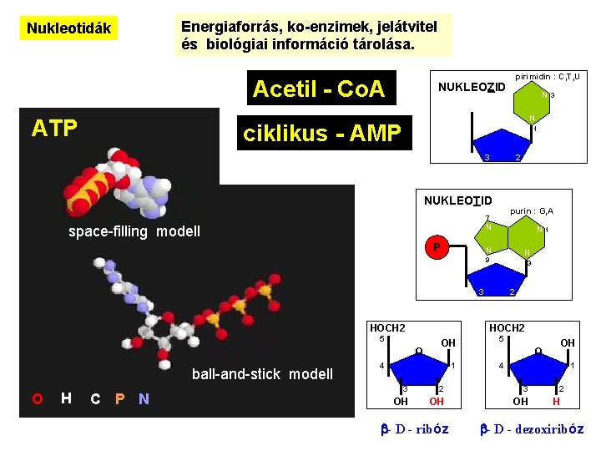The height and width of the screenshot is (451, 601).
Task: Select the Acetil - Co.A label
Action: (318, 89)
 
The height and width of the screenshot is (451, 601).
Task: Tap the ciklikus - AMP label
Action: (322, 133)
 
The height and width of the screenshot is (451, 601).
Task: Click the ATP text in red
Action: (54, 128)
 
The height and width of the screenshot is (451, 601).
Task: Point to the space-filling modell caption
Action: (134, 231)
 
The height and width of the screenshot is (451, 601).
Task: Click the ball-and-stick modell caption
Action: (262, 373)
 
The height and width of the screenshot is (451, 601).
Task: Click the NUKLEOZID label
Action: (472, 88)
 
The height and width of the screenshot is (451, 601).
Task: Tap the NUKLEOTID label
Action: (457, 200)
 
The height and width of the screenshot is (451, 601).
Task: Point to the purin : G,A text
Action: (532, 211)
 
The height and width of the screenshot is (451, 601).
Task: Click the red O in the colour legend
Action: (38, 398)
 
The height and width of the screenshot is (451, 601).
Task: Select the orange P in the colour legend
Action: (119, 398)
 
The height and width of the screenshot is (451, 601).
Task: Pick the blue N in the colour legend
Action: (144, 398)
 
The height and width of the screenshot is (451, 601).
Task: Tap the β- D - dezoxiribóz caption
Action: (532, 429)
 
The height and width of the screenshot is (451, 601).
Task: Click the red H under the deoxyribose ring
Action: (557, 401)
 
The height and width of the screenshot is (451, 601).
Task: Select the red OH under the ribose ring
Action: (437, 401)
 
